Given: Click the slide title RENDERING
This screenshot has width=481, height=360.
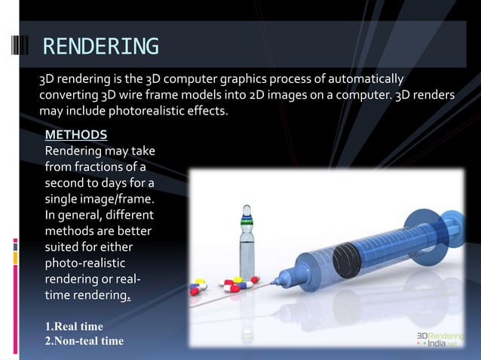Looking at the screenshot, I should pyautogui.click(x=100, y=47).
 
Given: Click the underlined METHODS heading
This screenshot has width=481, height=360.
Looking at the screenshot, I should pyautogui.click(x=76, y=135).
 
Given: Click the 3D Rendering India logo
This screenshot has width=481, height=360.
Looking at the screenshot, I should pyautogui.click(x=444, y=337).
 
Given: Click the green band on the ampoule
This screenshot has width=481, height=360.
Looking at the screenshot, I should pyautogui.click(x=246, y=223).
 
